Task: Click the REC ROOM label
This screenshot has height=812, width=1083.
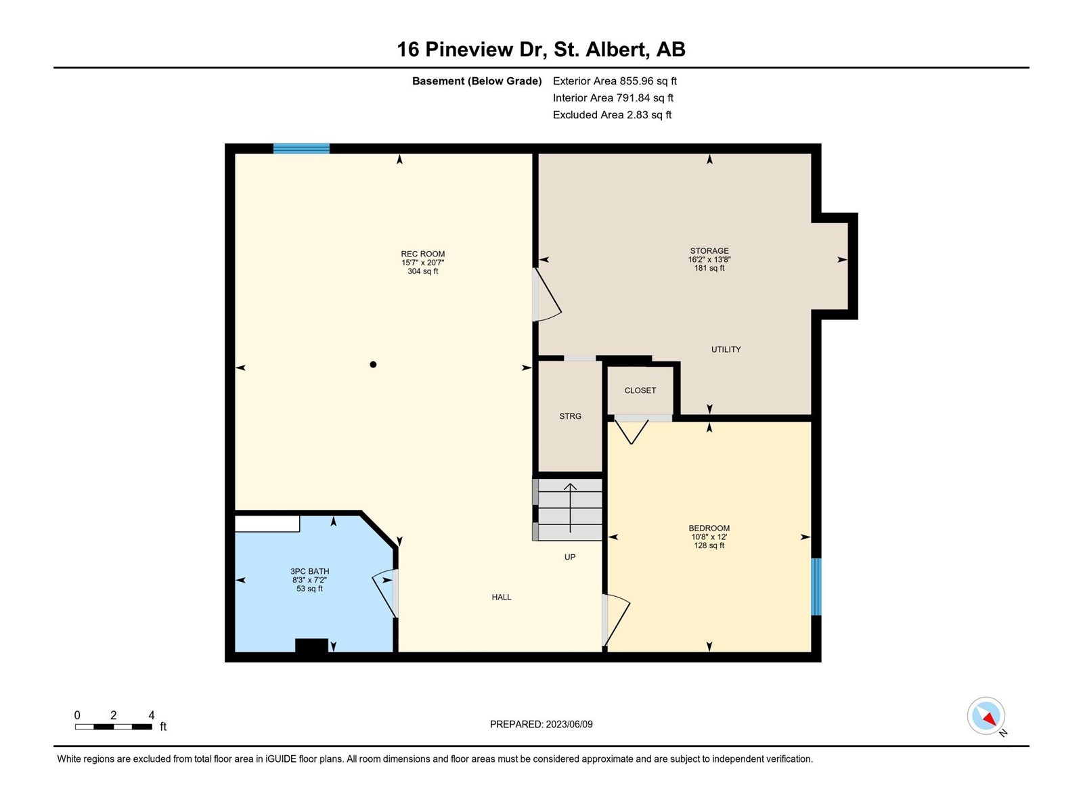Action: [422, 254]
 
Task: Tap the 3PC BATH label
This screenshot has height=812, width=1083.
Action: [309, 571]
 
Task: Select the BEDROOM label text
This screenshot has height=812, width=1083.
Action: [709, 528]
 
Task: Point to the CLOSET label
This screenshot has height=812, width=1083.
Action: [640, 390]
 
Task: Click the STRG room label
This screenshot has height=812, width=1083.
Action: [570, 416]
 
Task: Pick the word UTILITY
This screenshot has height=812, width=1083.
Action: [726, 349]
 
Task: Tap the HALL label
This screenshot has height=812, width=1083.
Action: [502, 597]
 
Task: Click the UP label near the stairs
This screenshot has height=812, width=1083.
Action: [570, 557]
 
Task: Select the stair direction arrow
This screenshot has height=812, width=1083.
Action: [570, 507]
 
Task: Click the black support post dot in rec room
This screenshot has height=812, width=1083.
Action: [373, 364]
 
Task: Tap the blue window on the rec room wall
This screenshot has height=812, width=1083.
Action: [301, 148]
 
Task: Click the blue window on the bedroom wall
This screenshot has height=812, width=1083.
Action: [816, 587]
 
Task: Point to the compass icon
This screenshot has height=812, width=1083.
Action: [986, 716]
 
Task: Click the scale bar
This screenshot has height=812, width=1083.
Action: [114, 727]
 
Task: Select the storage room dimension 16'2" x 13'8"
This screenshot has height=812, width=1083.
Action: [709, 259]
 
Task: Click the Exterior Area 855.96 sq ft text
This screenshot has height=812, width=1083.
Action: [615, 81]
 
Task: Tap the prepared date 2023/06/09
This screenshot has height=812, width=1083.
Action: [569, 724]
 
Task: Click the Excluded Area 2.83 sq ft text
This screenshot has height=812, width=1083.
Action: [612, 115]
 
